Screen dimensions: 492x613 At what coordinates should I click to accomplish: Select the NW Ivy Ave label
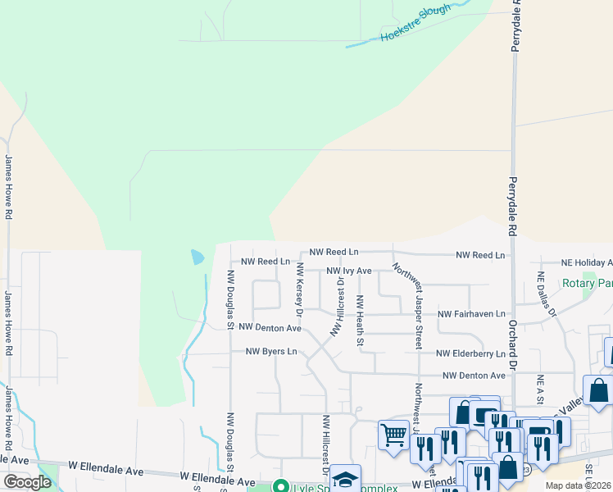coord(349,271)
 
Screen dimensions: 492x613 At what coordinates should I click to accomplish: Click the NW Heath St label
coord(359,322)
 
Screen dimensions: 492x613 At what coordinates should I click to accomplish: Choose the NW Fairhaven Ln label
coord(472,314)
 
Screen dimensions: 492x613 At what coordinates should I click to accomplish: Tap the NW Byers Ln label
coord(270,352)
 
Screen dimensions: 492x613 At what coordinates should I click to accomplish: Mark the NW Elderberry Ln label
coord(471,354)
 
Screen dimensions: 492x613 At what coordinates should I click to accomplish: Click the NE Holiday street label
coord(587,262)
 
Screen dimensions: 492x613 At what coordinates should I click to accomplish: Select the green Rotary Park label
coord(588,284)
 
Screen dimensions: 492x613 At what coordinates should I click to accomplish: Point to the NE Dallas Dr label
coord(546,295)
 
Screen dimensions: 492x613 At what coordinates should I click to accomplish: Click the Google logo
coord(27,482)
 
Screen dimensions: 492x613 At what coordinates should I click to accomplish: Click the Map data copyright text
coord(579,485)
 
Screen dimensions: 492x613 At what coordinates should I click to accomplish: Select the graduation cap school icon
coord(345,478)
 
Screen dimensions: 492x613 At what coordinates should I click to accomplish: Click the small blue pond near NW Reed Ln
coord(198,257)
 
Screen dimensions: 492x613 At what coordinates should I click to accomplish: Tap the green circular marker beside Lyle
coord(281,486)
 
